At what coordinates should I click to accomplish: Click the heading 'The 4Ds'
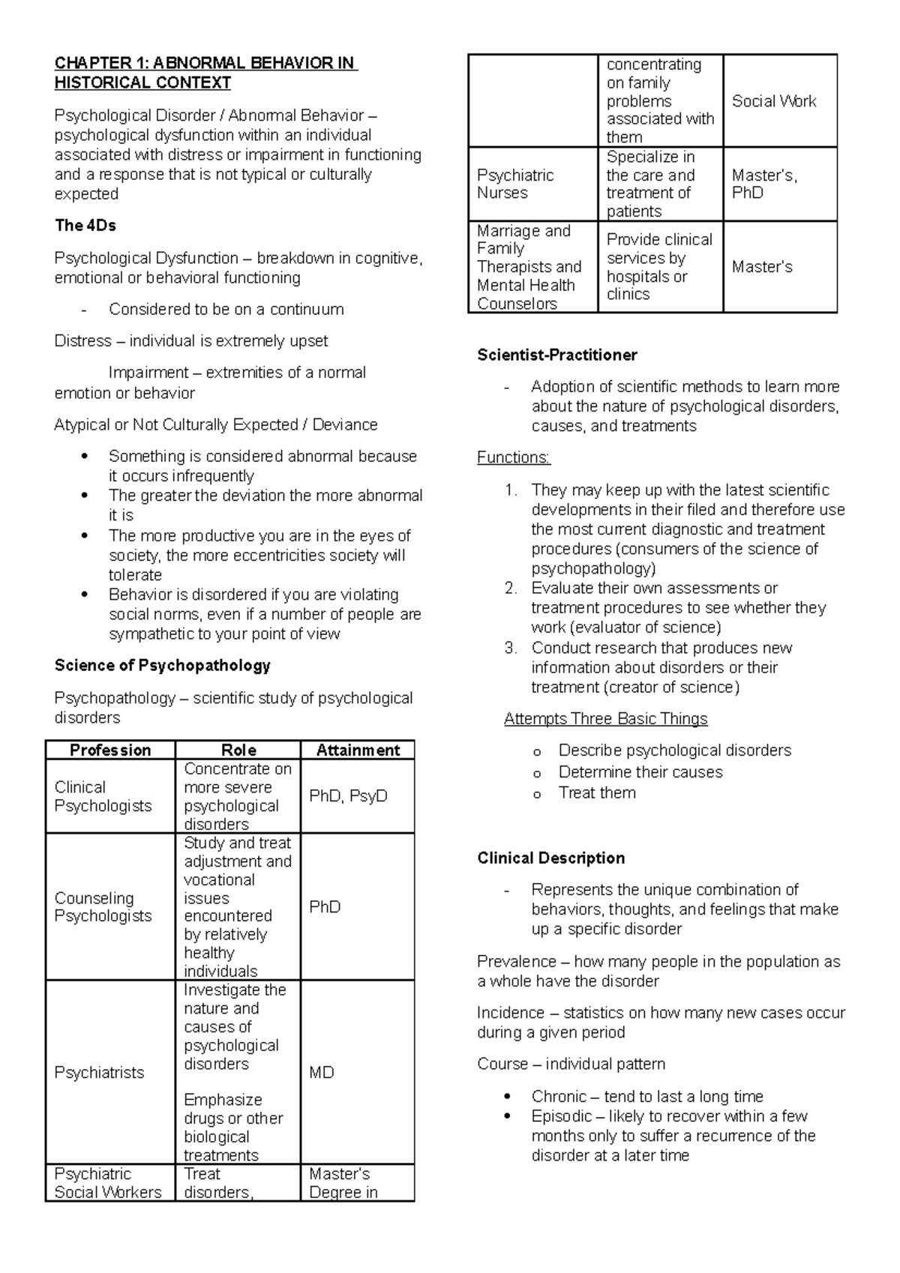pos(85,226)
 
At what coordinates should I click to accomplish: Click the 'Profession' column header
pos(110,750)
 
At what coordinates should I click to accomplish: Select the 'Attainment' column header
pos(358,750)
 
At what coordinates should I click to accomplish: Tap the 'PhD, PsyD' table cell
pos(348,796)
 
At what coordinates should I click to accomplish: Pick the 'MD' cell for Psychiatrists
pos(322,1073)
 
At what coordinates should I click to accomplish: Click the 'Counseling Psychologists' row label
pos(103,907)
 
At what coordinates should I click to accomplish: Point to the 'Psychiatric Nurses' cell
pos(515,184)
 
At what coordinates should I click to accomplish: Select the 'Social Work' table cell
pos(773,101)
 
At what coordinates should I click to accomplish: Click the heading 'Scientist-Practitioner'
pos(556,355)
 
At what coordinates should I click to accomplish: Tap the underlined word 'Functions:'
pos(513,457)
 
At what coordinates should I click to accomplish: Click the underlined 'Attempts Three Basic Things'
pos(605,719)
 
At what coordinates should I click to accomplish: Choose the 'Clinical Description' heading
pos(550,858)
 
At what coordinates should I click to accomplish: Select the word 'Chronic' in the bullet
pos(559,1097)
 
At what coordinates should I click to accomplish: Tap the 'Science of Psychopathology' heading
pos(162,666)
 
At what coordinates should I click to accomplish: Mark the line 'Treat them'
pos(597,793)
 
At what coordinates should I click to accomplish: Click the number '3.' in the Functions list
pos(511,648)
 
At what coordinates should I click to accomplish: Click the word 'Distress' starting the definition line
pos(82,341)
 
